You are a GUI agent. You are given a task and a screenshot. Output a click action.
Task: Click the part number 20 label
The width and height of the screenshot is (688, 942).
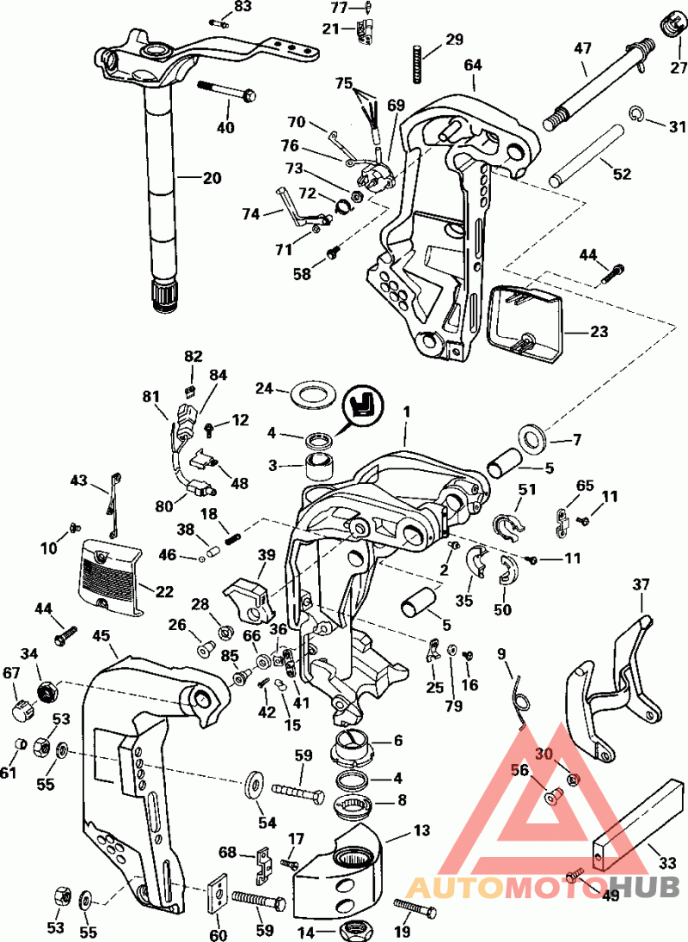point(211,178)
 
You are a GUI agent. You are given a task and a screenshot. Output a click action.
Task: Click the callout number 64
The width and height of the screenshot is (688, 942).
point(473,64)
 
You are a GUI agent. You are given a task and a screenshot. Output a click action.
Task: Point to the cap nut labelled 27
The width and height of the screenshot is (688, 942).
point(669,27)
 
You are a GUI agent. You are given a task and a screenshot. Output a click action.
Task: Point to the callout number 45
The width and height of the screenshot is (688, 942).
point(101,637)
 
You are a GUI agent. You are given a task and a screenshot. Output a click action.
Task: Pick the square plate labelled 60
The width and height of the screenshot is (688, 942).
point(219,893)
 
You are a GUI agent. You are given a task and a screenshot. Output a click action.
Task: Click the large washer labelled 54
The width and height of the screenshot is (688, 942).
point(255,785)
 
